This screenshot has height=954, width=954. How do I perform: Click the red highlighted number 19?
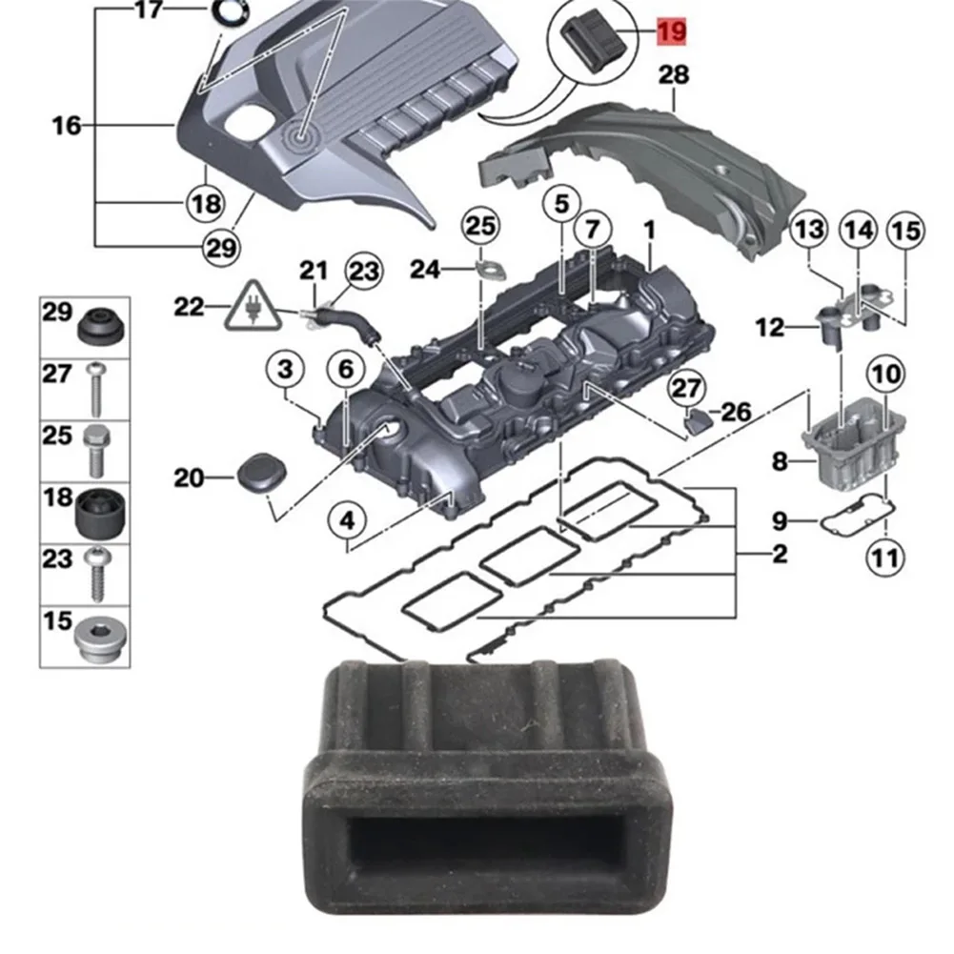(671, 32)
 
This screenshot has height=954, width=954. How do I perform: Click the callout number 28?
(674, 73)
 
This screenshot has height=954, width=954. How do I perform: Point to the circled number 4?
(347, 521)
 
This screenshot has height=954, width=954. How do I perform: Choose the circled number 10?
(886, 376)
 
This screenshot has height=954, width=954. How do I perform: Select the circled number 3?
(288, 370)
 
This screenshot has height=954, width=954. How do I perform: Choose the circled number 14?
(858, 230)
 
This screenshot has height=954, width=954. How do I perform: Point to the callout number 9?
(780, 521)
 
